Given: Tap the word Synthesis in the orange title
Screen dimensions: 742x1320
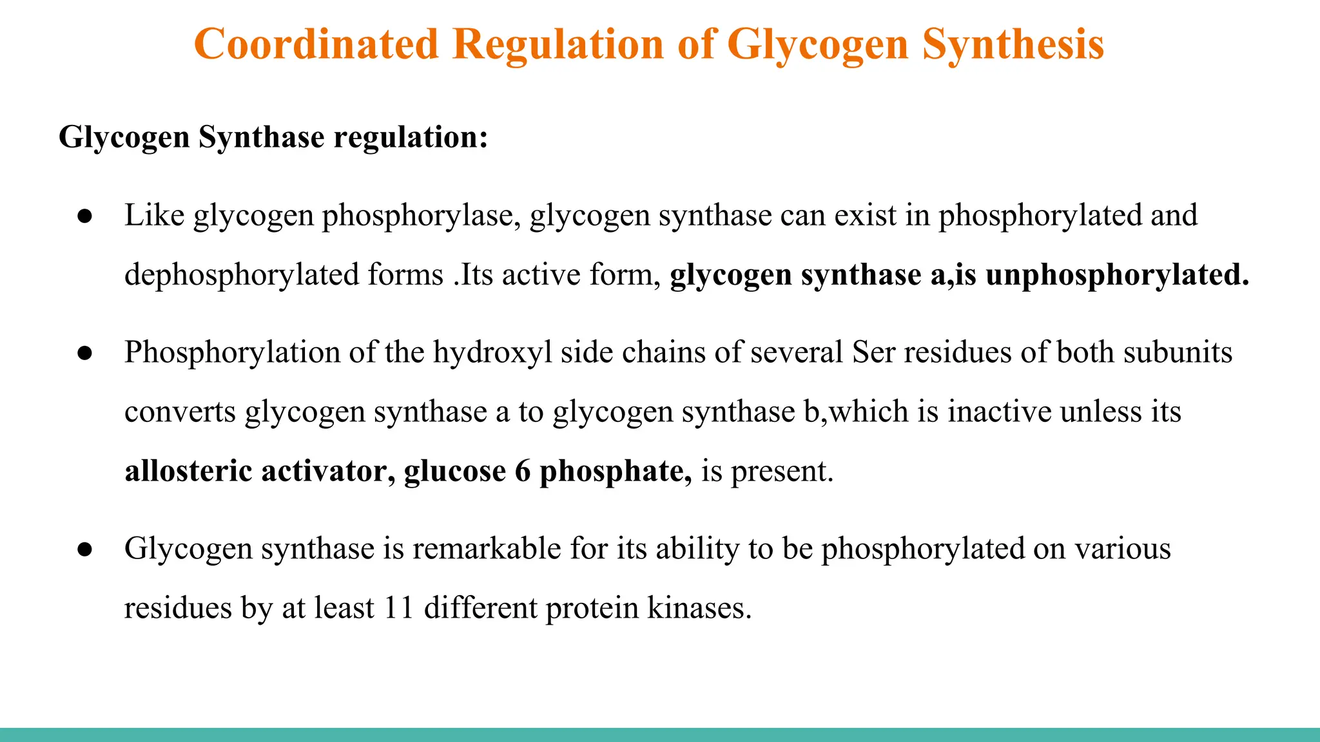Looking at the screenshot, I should coord(1013,45).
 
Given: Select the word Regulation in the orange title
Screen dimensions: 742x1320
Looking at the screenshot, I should coord(558,45).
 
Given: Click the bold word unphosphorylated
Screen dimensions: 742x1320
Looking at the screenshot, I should coord(1118,275).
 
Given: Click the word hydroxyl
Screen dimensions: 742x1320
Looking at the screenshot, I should coord(492,352).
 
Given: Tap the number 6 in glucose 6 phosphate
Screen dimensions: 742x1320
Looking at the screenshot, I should coord(522,471).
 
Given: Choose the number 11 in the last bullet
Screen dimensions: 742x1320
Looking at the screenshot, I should coord(398,608).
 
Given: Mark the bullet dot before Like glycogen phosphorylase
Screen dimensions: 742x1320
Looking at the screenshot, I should coord(85,216).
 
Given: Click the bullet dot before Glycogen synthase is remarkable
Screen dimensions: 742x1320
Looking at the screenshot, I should coord(85,549).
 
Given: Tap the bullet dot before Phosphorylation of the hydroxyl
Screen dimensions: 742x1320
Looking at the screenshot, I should coord(85,353).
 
